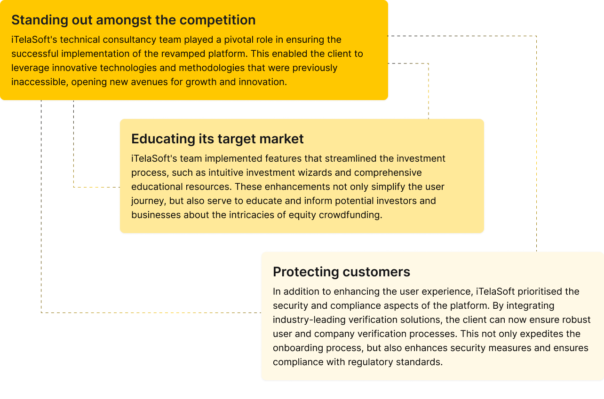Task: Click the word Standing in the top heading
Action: click(40, 20)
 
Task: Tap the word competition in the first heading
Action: click(217, 20)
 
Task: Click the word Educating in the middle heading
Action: click(163, 139)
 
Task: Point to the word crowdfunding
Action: click(350, 215)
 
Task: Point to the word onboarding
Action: click(298, 348)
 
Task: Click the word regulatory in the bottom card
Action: click(371, 362)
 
